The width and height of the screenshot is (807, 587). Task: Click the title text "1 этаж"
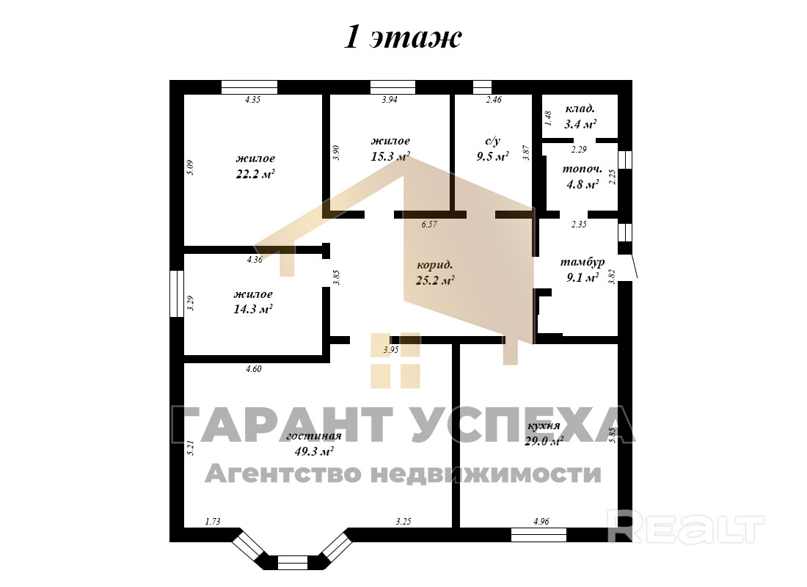[x=403, y=37]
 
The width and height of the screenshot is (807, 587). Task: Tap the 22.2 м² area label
[x=255, y=174]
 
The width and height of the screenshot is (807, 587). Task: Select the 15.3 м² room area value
[x=390, y=156]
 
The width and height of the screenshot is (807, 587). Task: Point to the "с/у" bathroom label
[x=492, y=141]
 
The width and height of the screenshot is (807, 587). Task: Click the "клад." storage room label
[x=580, y=109]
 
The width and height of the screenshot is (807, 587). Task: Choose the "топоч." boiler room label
[x=582, y=168]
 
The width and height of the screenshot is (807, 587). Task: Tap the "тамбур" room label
[x=582, y=262]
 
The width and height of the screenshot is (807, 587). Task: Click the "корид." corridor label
[x=435, y=265]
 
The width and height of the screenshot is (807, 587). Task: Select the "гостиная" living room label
[x=314, y=436]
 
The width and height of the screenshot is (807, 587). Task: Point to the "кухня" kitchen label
[x=544, y=426]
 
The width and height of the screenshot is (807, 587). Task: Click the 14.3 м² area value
[x=253, y=310]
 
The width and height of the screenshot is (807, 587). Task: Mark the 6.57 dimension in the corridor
[x=429, y=225]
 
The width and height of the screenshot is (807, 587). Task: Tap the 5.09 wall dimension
[x=190, y=168]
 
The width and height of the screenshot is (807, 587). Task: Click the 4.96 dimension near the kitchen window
[x=541, y=522]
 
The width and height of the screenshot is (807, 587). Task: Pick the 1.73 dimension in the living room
[x=213, y=522]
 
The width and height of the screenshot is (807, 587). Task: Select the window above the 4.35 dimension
[x=249, y=87]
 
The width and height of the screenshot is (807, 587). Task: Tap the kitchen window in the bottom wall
[x=539, y=535]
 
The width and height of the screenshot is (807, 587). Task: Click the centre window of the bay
[x=292, y=562]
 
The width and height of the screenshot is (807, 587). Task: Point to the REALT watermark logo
[x=686, y=526]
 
